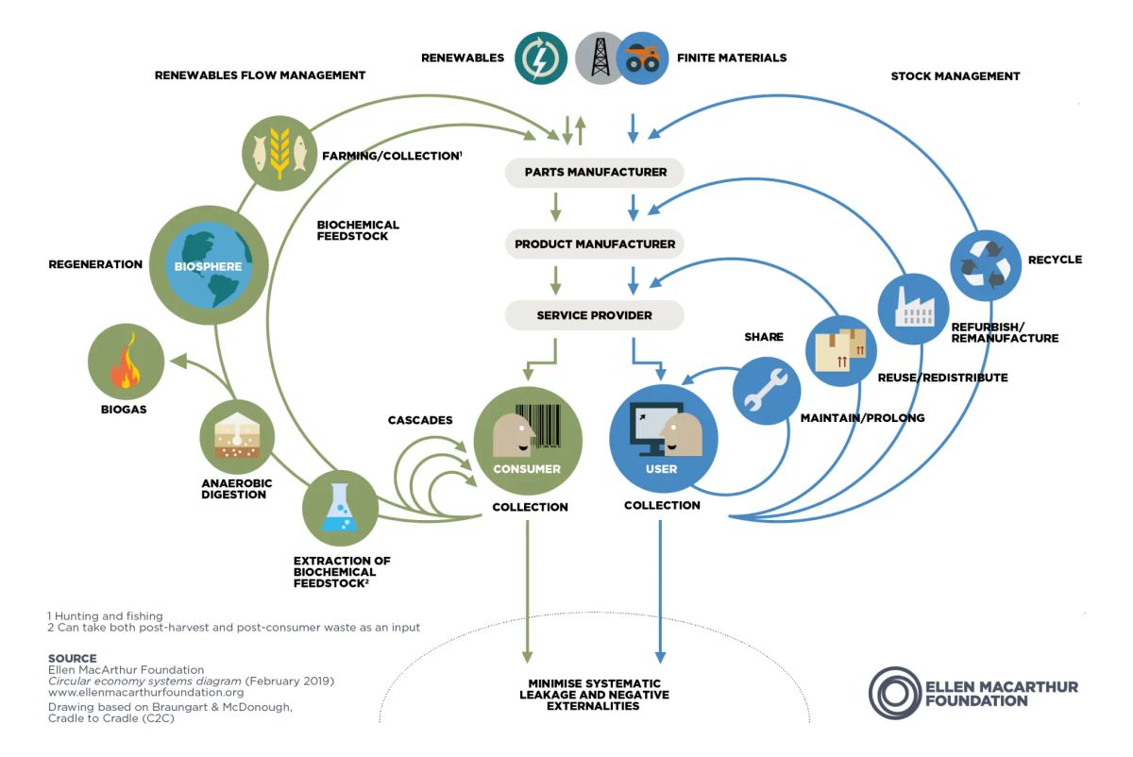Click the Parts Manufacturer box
(595, 172)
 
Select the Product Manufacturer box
(595, 244)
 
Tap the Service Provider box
(595, 315)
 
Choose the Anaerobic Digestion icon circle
(237, 436)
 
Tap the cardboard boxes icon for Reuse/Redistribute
(840, 350)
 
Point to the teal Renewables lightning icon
(542, 59)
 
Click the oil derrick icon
(600, 59)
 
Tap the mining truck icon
(642, 59)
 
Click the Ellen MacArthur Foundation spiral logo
(893, 693)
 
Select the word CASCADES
(420, 419)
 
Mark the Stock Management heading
(955, 76)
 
